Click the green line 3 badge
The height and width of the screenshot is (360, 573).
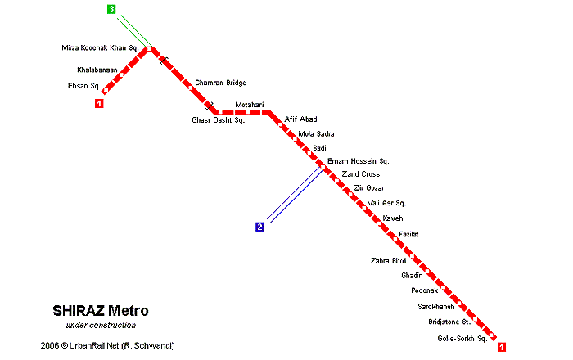pos(111,9)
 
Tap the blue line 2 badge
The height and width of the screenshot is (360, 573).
pos(259,227)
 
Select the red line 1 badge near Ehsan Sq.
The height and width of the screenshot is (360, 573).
pos(99,103)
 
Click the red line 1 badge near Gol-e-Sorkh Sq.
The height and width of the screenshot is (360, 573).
pos(502,347)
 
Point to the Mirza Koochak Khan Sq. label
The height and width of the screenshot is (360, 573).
pos(100,47)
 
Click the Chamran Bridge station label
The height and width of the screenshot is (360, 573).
pos(220,83)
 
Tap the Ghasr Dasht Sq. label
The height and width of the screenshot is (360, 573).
pos(219,120)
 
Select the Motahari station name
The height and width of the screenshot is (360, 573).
pos(250,105)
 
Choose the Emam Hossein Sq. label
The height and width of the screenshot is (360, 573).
pos(359,161)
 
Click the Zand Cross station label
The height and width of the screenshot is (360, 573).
pos(361,174)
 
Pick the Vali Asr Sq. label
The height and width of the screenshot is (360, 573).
pos(386,203)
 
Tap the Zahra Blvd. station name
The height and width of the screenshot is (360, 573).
pos(390,261)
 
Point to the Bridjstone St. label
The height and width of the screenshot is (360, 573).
pos(449,322)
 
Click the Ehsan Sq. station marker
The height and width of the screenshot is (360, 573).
pos(106,90)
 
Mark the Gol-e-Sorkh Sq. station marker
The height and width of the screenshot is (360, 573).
pos(491,335)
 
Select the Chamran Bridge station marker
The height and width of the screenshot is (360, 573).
pos(190,88)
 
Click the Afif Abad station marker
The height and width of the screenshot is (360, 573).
pos(281,124)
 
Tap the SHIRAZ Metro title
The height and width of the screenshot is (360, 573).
pos(101,311)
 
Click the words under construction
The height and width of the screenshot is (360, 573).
pos(101,325)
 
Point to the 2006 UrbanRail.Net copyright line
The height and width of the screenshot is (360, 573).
pos(107,345)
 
